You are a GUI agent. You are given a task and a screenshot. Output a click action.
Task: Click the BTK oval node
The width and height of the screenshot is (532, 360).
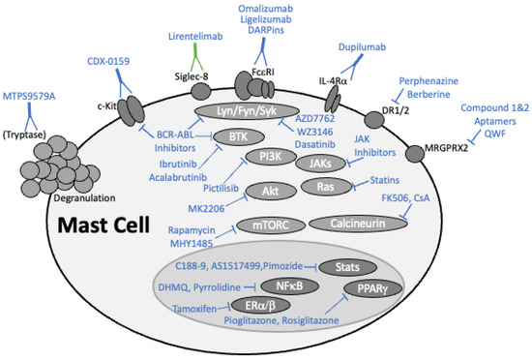coord(239,137)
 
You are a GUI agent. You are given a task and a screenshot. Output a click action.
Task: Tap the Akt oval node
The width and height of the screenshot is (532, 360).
coord(268,191)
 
